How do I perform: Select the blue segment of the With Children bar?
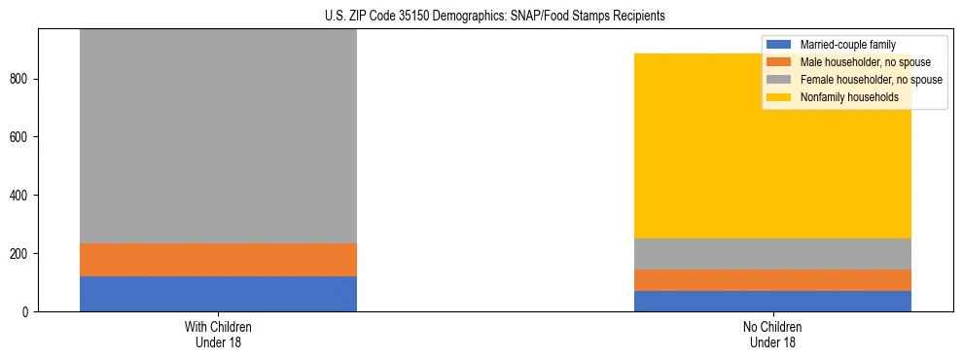[x=218, y=294]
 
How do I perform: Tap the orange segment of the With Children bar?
[x=218, y=260]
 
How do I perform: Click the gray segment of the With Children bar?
[x=218, y=136]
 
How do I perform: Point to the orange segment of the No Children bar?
[x=772, y=279]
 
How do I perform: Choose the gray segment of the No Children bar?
[x=772, y=253]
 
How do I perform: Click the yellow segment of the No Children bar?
[x=700, y=146]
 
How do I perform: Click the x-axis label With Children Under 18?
[x=218, y=334]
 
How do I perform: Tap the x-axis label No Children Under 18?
[x=772, y=334]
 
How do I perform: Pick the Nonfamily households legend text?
[x=842, y=97]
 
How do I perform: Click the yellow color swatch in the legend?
[x=779, y=97]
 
